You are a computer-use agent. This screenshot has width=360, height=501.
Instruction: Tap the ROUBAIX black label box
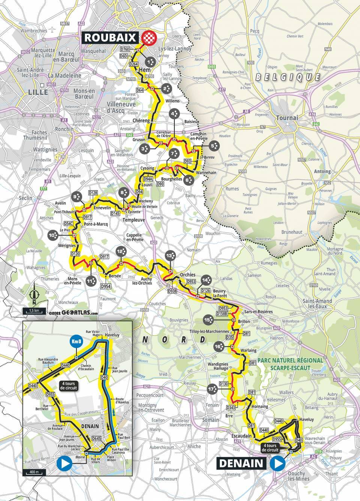(x=111, y=37)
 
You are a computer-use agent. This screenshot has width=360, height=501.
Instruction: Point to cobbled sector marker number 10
(x=53, y=235)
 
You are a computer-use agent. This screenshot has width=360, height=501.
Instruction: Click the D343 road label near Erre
(x=231, y=407)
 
